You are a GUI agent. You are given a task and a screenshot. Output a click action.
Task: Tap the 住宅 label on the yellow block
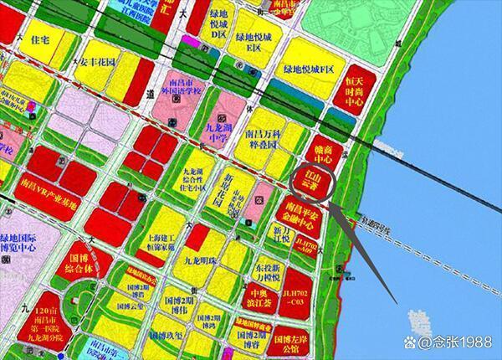pos(40,39)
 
